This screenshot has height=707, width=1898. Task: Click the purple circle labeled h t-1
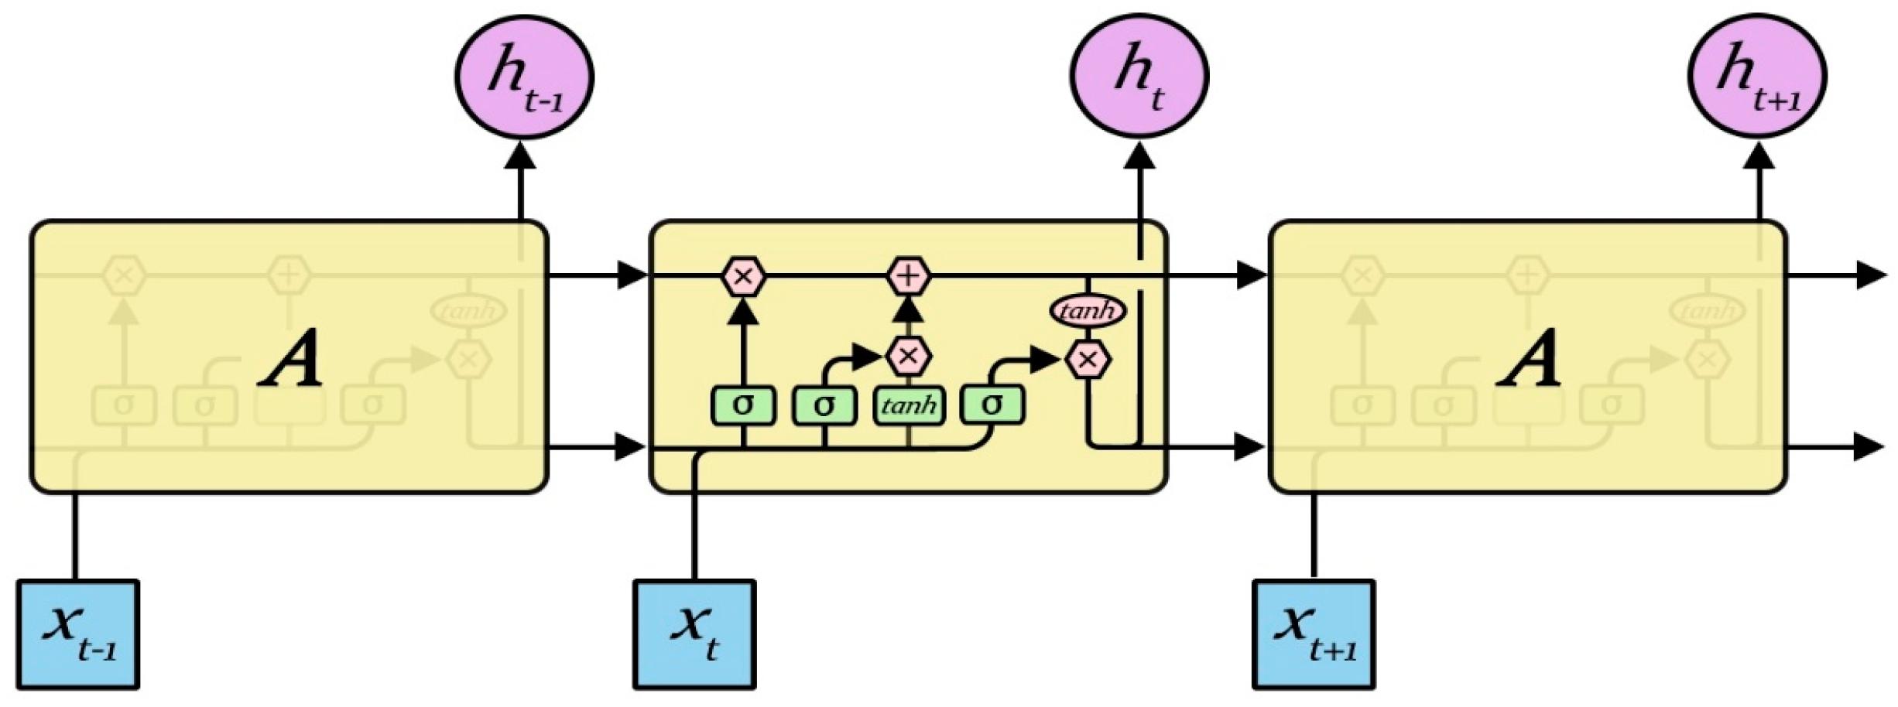point(524,77)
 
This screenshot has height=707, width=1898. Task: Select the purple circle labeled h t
point(1139,76)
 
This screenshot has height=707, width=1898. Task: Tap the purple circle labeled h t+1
point(1757,76)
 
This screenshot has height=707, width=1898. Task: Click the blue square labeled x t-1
point(78,634)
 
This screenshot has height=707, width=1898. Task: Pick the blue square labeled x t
point(694,634)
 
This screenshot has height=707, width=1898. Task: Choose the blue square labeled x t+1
point(1314,634)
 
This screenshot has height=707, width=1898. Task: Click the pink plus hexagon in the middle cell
point(908,276)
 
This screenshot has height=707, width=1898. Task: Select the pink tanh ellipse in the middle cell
point(1088,311)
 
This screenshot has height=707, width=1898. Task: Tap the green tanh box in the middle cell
point(909,405)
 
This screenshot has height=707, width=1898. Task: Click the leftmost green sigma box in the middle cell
point(743,405)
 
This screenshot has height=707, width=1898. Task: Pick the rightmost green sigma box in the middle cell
point(992,405)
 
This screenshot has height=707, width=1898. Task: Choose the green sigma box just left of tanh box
point(824,405)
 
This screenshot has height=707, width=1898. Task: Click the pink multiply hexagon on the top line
point(744,276)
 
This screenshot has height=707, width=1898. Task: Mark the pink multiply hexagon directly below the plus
point(908,356)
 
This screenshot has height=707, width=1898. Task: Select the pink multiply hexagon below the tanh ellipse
point(1088,360)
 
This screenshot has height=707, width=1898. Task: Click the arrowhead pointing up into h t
point(1139,155)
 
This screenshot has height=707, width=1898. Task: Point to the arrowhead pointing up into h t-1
point(520,155)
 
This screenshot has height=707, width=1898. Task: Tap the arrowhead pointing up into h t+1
point(1760,155)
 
